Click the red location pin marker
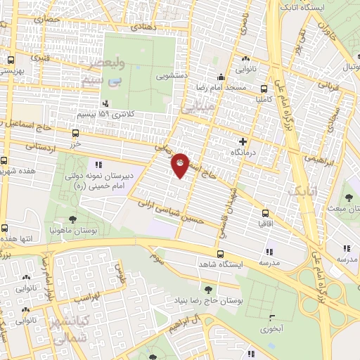[180, 165]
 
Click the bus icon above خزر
[75, 132]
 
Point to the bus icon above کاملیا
[264, 89]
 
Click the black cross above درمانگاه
[243, 141]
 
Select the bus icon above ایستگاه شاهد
[221, 255]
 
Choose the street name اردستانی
[40, 146]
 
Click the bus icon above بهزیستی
[11, 60]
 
